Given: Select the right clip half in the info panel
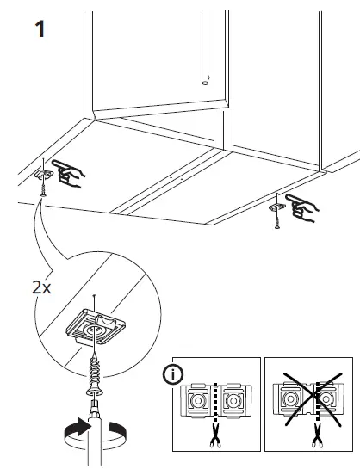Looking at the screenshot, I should [x=232, y=400].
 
